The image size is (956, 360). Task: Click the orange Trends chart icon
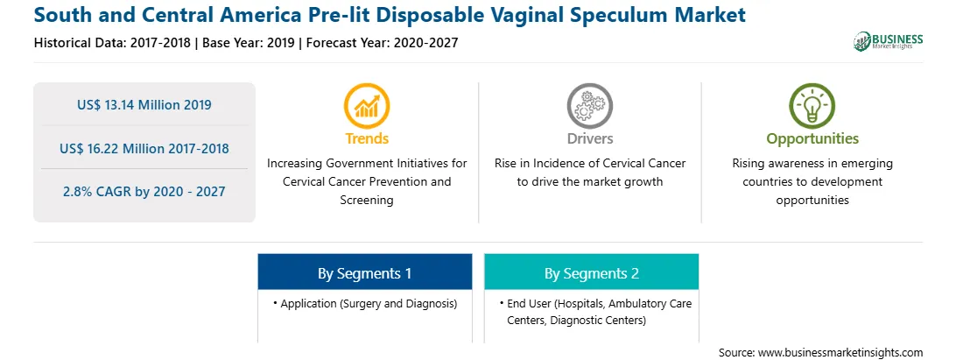point(367,106)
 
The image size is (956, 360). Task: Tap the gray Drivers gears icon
point(589,106)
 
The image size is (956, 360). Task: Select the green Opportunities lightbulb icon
point(812,106)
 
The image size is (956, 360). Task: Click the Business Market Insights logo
point(889,41)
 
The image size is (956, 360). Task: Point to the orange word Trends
point(367,138)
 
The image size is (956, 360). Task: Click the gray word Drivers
point(590,138)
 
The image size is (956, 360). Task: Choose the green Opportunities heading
point(812,139)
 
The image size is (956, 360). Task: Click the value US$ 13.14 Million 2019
point(144,105)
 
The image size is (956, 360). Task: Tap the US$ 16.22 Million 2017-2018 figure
point(144,148)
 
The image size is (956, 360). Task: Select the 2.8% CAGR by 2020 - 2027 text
point(144,192)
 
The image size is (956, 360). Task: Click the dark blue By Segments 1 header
point(364,272)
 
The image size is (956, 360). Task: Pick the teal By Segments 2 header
point(592,272)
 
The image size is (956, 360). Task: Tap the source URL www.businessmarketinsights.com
point(840,353)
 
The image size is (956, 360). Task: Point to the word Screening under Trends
point(367,201)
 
